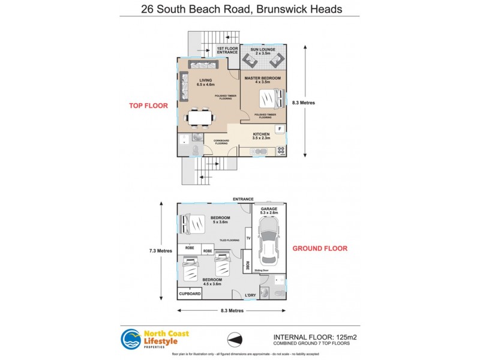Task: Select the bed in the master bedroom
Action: [269, 98]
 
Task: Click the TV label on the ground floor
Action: [248, 238]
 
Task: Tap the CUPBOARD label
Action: [190, 294]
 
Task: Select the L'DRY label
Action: [252, 295]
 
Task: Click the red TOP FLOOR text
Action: [148, 106]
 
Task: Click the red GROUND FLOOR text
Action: [319, 248]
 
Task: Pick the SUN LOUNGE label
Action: [263, 50]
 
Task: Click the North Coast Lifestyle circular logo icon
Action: [131, 340]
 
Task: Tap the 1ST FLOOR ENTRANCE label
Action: [227, 50]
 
